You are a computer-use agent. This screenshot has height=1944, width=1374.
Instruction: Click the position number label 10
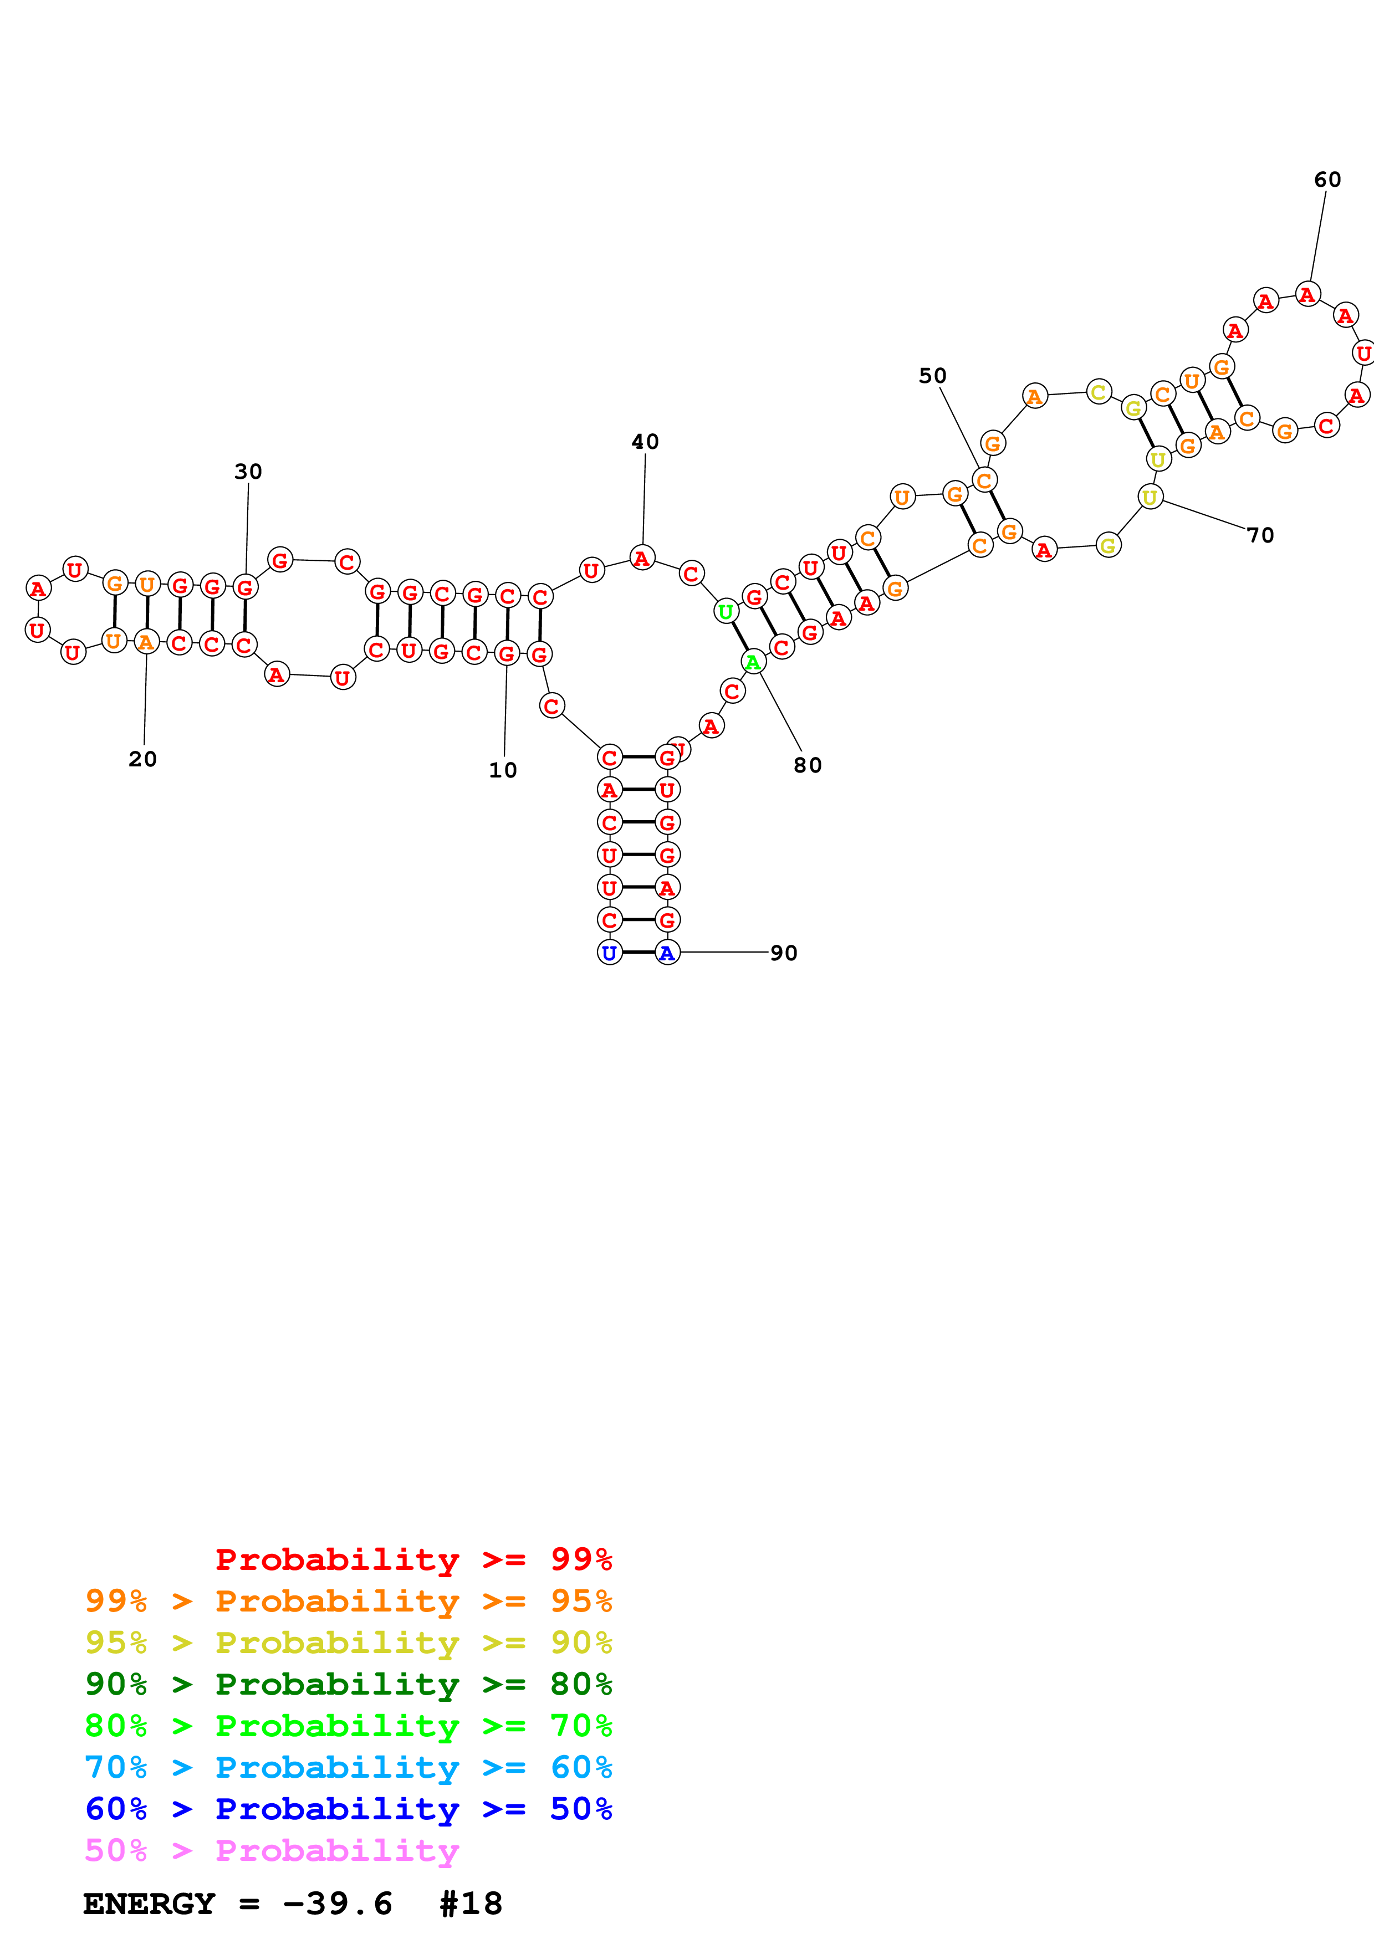(502, 770)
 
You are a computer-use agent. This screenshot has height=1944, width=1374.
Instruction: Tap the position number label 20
(142, 759)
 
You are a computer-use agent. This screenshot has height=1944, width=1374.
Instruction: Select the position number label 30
(248, 472)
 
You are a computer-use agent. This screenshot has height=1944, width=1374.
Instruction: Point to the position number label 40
(645, 441)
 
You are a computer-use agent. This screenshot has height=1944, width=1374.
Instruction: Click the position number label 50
(932, 375)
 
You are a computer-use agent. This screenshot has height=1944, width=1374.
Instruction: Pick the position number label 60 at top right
(1326, 180)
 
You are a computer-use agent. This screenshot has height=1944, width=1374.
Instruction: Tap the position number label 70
(1260, 535)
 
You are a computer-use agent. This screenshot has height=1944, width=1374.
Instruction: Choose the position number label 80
(808, 765)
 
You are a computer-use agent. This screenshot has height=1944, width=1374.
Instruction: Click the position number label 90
(784, 953)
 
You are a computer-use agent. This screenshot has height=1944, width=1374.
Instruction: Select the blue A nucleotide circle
(667, 953)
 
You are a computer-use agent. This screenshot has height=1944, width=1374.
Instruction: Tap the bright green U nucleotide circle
(726, 611)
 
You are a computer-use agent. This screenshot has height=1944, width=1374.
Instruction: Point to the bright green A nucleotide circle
(753, 662)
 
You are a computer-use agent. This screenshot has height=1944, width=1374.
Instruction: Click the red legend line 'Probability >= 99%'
(413, 1559)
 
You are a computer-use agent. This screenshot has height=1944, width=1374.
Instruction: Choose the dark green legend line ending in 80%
(349, 1684)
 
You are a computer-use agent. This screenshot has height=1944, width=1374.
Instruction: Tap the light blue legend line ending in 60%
(349, 1767)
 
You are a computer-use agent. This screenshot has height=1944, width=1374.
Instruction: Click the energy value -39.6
(338, 1904)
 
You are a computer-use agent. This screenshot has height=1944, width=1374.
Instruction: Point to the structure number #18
(471, 1904)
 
